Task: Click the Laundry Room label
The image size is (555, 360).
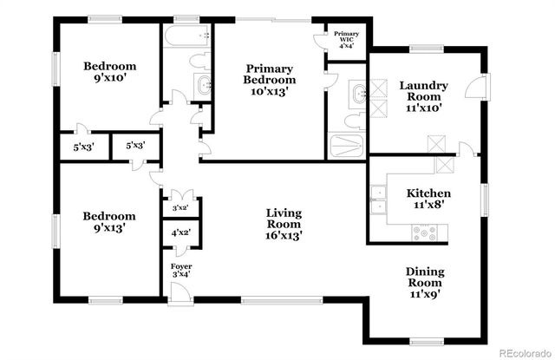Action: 423,97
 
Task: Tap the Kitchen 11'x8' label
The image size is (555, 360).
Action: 428,200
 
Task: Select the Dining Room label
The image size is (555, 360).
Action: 424,283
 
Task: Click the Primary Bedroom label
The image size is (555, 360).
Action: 267,79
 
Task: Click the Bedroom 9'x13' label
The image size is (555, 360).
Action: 109,222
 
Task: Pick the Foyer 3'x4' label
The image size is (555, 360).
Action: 180,270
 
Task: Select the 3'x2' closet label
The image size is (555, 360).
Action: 180,208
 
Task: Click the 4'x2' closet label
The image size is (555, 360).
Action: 180,232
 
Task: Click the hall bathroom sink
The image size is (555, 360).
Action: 203,85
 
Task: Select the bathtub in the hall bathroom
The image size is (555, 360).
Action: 186,36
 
